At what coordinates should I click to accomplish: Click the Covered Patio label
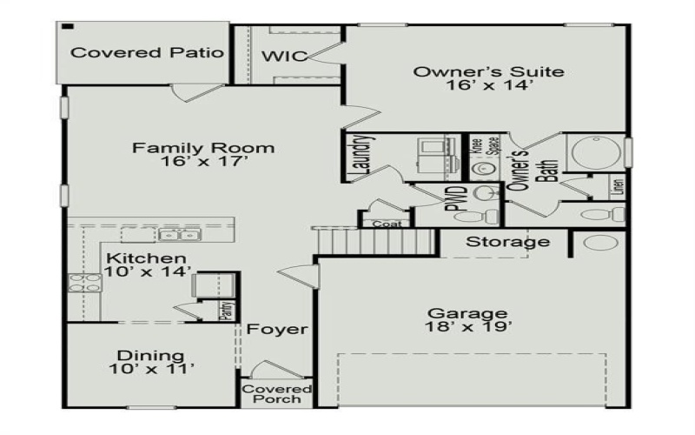tap(147, 53)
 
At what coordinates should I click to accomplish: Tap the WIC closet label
tap(285, 57)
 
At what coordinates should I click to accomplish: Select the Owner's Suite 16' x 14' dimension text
tap(487, 86)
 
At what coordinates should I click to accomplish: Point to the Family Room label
tap(203, 148)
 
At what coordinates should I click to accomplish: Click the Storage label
tap(508, 242)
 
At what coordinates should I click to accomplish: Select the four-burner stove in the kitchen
tap(84, 282)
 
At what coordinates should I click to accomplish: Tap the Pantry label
tap(224, 311)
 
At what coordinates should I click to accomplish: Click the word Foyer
tap(276, 330)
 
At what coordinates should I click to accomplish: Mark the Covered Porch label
tap(277, 393)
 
